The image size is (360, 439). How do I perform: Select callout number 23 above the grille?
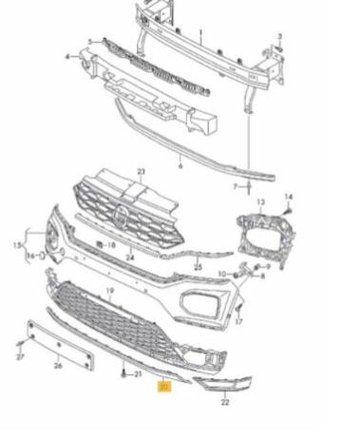pyautogui.click(x=141, y=172)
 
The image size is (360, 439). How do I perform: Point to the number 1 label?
pyautogui.click(x=200, y=31)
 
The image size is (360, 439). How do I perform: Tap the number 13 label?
pyautogui.click(x=261, y=203)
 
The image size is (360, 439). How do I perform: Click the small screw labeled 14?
pyautogui.click(x=288, y=207)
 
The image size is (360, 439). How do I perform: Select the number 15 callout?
pyautogui.click(x=16, y=247)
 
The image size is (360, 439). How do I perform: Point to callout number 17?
pyautogui.click(x=239, y=322)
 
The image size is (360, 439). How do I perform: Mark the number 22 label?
pyautogui.click(x=225, y=402)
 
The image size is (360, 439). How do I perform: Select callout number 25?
pyautogui.click(x=198, y=268)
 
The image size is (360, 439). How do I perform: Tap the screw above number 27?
pyautogui.click(x=20, y=341)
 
